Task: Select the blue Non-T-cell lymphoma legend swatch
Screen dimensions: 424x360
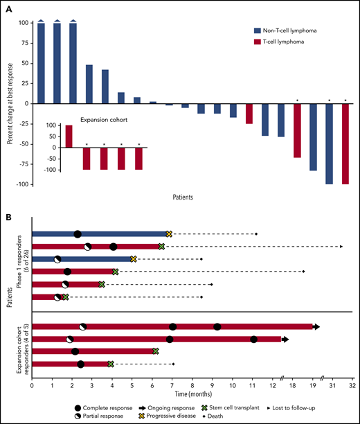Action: pos(258,30)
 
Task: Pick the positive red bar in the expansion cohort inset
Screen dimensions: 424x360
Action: pos(69,136)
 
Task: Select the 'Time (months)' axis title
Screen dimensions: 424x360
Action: pos(192,394)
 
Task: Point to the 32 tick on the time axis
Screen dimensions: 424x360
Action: pos(352,382)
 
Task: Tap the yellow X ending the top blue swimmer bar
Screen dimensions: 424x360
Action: pos(168,234)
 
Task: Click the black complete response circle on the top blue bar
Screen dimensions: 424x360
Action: pos(78,234)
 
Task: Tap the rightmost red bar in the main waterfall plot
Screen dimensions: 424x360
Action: pos(345,144)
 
